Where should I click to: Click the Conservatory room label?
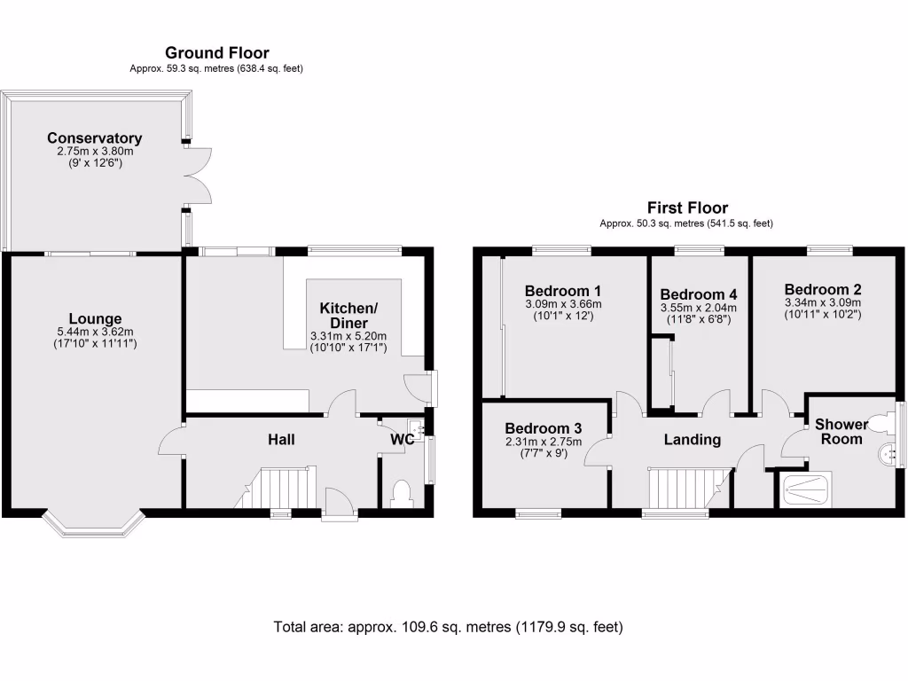point(94,138)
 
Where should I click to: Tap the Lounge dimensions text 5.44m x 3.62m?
point(95,333)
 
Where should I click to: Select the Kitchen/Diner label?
point(348,316)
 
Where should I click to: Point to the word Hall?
point(281,440)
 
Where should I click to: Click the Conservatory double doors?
point(199,175)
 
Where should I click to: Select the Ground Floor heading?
point(216,53)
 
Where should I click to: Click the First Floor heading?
point(687,208)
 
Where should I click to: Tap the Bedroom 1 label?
point(563,291)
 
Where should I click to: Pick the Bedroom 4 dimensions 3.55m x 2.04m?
point(699,308)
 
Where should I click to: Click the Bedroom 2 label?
point(822,289)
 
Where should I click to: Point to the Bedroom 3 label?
point(543,429)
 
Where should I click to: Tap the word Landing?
point(692,439)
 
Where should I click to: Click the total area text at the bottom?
point(448,627)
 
